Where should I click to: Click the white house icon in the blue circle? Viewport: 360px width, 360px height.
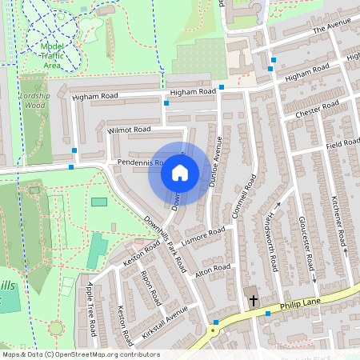180,173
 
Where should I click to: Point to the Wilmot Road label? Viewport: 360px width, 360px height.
129,129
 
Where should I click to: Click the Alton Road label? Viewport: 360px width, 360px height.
213,268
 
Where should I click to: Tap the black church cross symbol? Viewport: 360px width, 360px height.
254,301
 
